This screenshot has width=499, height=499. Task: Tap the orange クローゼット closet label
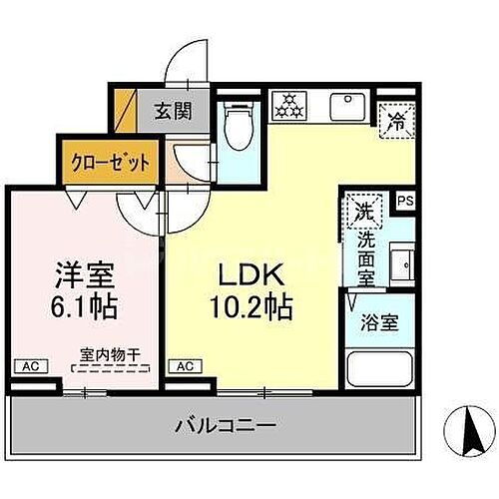click(x=110, y=161)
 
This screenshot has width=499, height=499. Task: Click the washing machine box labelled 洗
click(x=364, y=212)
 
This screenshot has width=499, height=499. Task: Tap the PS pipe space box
click(x=405, y=201)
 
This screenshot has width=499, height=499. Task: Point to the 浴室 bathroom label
click(x=379, y=324)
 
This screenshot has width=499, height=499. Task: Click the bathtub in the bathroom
click(x=380, y=369)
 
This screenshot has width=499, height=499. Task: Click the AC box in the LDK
click(x=185, y=367)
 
